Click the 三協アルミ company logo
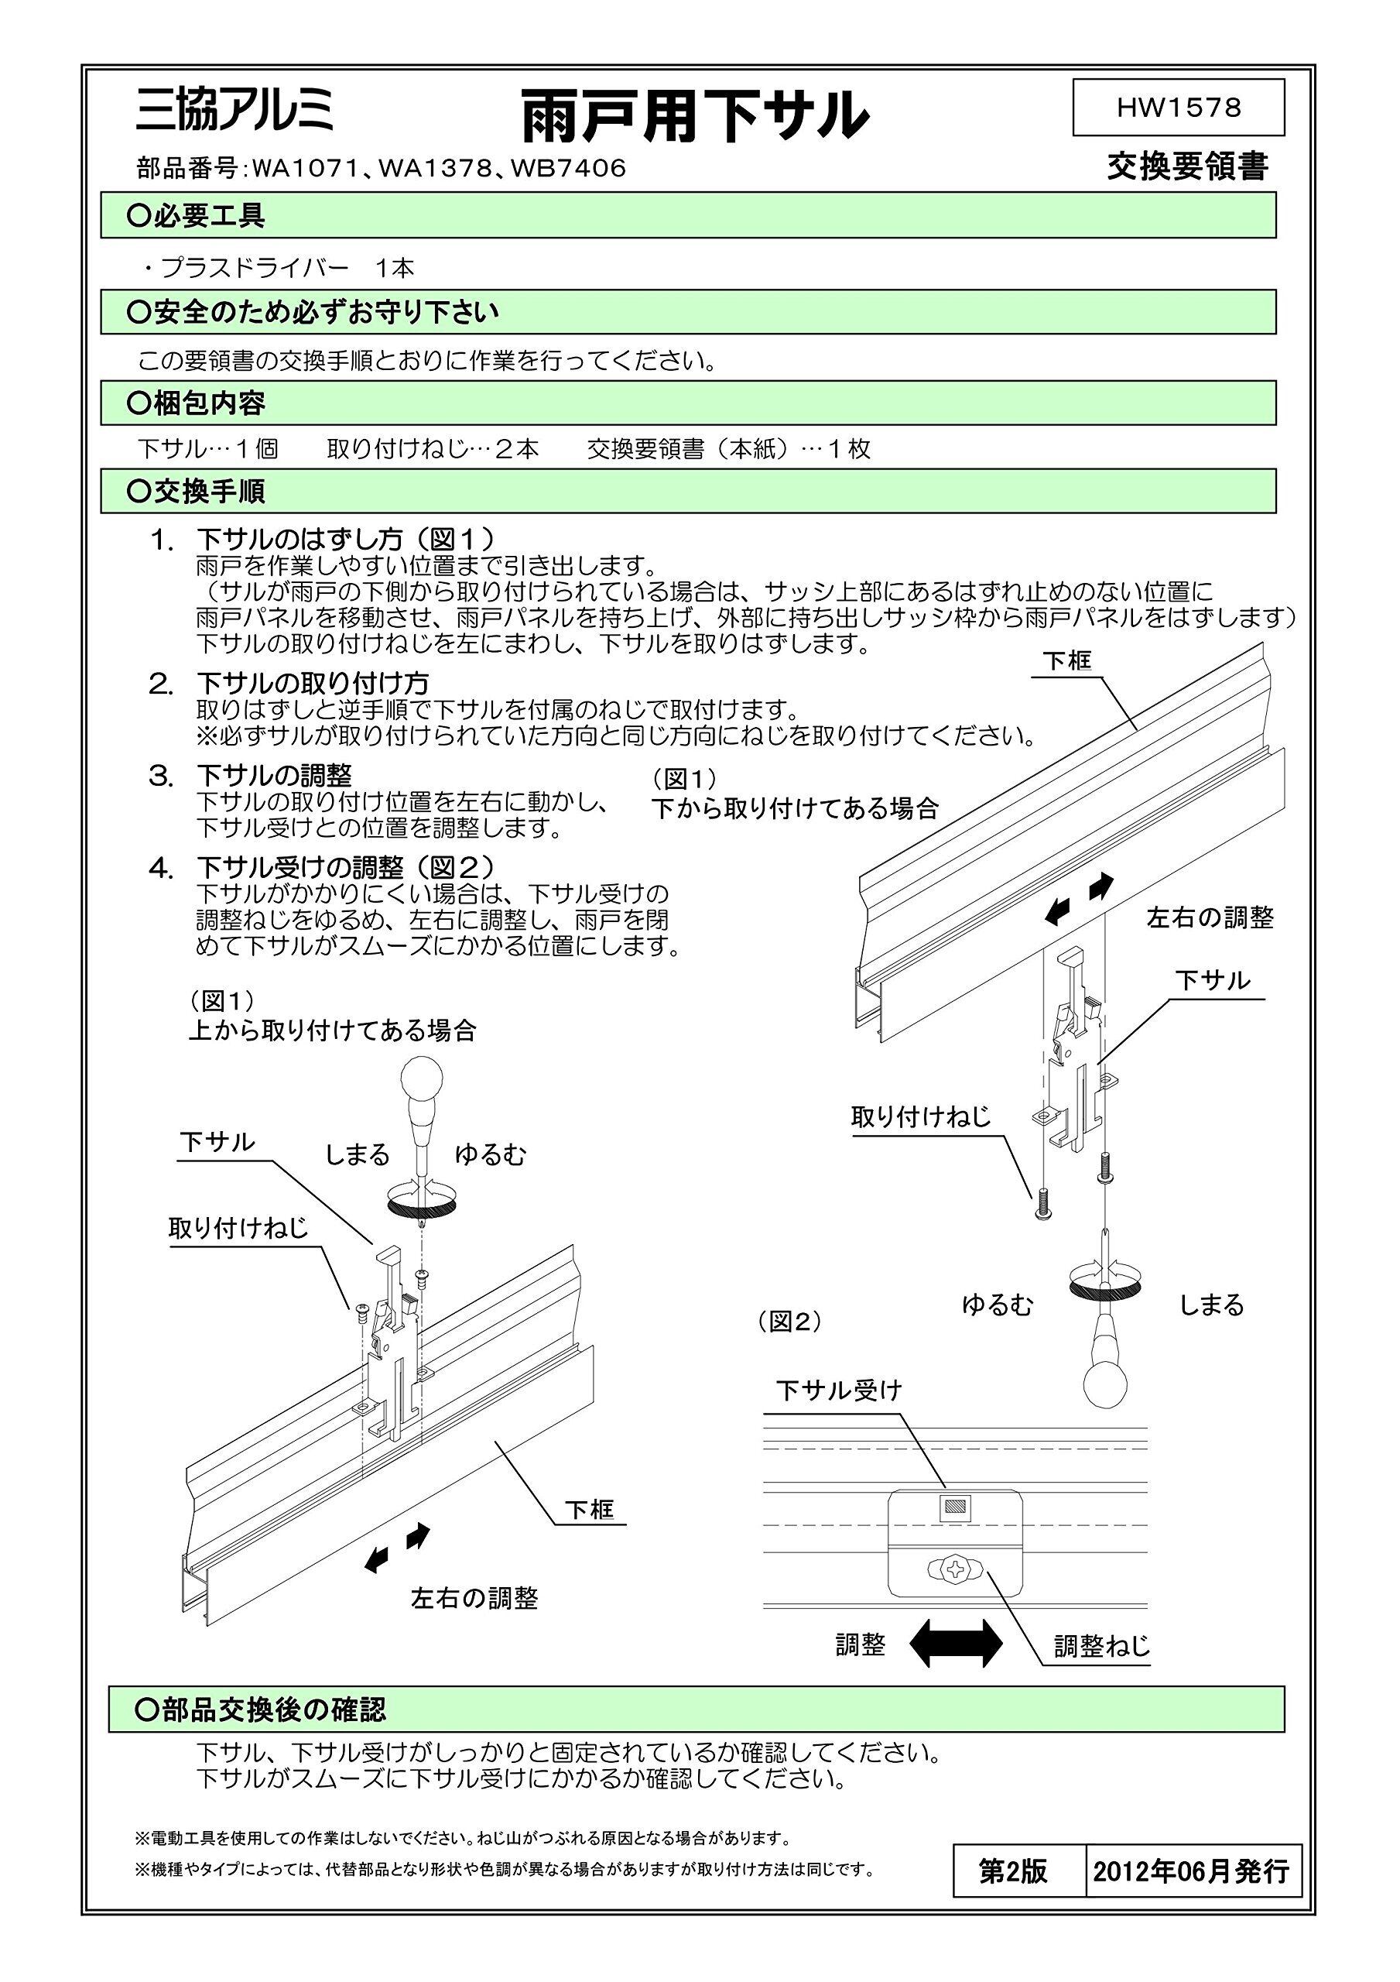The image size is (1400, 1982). coord(234,112)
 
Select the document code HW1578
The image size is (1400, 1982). coord(1178,107)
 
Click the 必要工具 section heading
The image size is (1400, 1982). coord(207,216)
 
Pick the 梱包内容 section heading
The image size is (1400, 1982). coord(207,403)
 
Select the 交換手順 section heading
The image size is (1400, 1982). coord(207,491)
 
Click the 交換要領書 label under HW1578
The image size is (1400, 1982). coord(1188,166)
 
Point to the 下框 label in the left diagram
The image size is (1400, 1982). coord(590,1510)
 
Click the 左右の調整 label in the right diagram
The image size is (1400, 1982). coord(1210,917)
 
